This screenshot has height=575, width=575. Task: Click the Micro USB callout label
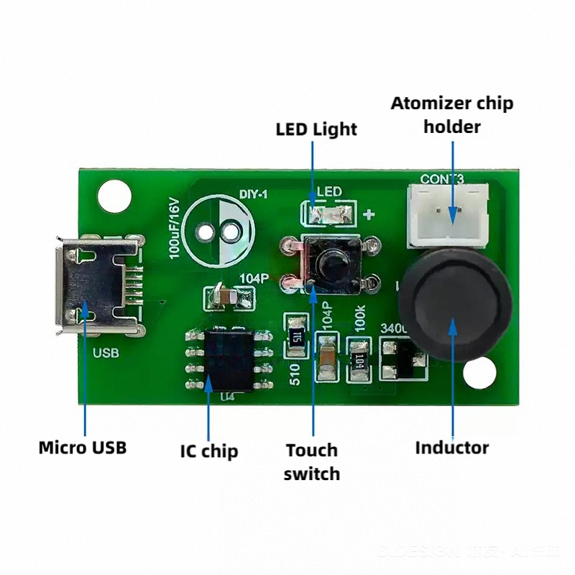point(82,447)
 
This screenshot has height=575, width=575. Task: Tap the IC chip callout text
point(208,451)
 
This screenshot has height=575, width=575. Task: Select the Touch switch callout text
point(311,461)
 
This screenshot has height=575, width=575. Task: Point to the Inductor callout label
point(451,447)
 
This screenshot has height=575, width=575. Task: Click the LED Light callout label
point(316,129)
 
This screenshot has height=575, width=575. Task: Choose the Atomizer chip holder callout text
point(452,114)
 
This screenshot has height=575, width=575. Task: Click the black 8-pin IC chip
point(228,358)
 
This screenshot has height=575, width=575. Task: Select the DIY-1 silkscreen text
point(252,194)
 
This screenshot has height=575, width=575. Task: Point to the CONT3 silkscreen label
point(442,178)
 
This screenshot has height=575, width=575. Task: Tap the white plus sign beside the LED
point(370,214)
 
